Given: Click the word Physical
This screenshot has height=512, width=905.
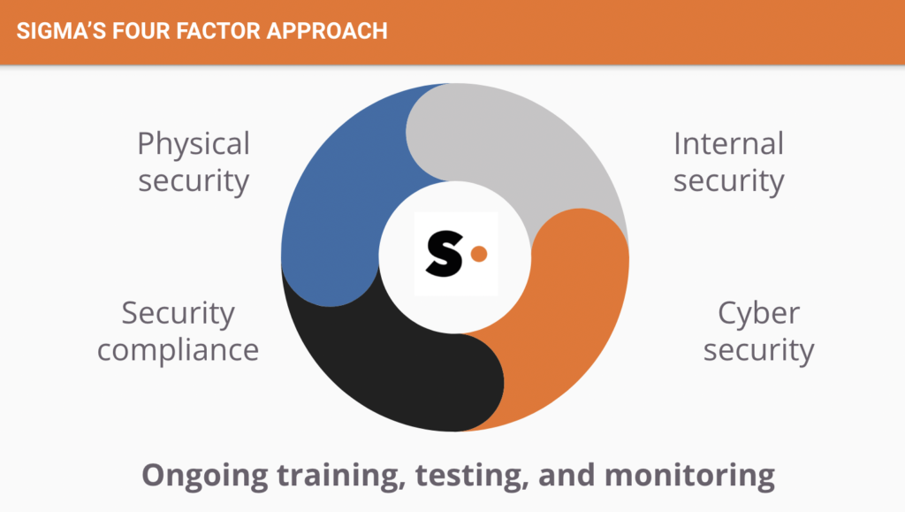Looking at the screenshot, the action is (194, 144).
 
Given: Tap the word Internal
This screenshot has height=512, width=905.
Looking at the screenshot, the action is (728, 144).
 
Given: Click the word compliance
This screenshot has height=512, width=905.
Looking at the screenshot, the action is (178, 351).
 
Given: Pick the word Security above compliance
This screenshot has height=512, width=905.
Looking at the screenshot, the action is (178, 314).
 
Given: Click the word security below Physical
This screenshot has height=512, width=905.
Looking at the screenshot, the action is (194, 181).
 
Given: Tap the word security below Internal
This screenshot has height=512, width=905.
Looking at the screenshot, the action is (728, 181).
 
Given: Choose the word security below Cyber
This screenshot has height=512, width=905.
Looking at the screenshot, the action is (758, 351).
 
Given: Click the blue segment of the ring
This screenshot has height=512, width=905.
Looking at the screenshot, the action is (335, 202).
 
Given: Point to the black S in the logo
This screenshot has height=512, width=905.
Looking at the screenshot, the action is (445, 254).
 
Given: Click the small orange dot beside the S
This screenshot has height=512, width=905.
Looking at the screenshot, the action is (479, 254).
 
